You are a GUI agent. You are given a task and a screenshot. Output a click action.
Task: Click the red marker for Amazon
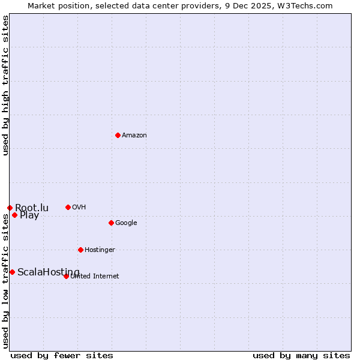click(x=118, y=135)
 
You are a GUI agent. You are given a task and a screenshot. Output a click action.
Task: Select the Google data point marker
click(x=111, y=223)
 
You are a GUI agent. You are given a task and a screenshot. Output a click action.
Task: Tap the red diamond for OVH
click(x=68, y=207)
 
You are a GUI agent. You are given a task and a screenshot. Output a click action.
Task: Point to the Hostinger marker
click(x=80, y=250)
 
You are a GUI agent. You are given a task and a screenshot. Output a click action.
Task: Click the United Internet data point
click(x=66, y=276)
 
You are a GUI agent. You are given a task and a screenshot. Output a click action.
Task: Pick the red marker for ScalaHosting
click(x=12, y=272)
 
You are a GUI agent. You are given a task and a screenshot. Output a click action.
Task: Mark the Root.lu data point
click(x=10, y=208)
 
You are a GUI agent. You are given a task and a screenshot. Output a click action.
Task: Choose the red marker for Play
click(x=14, y=215)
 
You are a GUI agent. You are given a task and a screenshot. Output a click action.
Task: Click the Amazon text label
click(x=134, y=136)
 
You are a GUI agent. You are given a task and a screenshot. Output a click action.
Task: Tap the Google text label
click(x=126, y=223)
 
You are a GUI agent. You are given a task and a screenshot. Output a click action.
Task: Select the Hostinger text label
click(x=100, y=250)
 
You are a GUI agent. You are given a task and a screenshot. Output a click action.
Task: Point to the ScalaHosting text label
click(x=48, y=272)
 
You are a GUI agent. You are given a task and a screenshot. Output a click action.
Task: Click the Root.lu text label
click(x=32, y=208)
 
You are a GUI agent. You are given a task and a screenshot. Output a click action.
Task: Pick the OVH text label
click(x=79, y=208)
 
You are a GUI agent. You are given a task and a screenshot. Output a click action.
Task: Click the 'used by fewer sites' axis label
click(x=62, y=355)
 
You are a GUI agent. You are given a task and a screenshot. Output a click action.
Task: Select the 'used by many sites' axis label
click(x=301, y=355)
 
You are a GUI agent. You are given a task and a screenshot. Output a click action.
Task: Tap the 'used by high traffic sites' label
click(x=5, y=85)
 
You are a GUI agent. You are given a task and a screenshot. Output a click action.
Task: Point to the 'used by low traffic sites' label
click(x=5, y=282)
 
